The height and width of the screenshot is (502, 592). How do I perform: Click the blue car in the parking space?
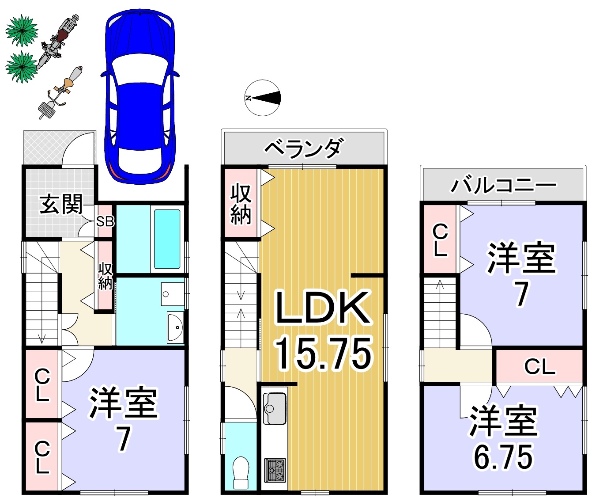[140, 97]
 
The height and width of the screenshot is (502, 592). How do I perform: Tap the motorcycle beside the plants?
[58, 42]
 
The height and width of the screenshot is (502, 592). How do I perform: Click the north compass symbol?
[263, 98]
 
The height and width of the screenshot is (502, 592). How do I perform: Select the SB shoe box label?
[105, 221]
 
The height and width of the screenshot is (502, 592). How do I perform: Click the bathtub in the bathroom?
[167, 239]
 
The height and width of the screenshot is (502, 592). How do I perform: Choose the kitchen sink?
[275, 408]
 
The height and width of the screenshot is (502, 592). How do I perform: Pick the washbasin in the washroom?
[175, 327]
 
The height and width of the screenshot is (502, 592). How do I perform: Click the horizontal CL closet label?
[540, 366]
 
